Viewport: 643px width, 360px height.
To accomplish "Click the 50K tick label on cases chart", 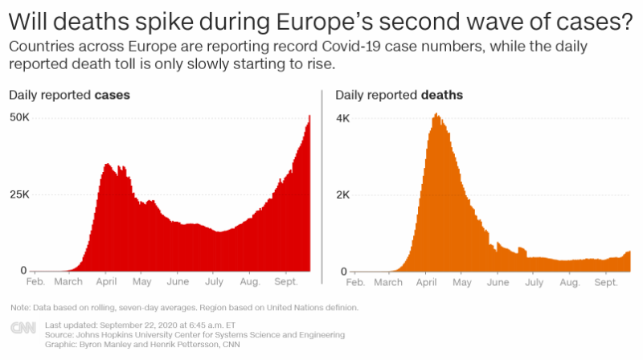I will click(x=18, y=117).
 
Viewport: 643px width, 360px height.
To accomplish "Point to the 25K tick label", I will click(x=18, y=194).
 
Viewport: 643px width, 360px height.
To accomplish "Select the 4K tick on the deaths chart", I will click(x=342, y=117).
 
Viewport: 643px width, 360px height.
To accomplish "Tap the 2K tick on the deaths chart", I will click(x=342, y=194).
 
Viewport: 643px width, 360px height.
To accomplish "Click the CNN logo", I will click(x=22, y=329).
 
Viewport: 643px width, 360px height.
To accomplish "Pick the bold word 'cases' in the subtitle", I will click(x=113, y=95).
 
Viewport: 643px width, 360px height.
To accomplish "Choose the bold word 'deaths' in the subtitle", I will click(x=441, y=95).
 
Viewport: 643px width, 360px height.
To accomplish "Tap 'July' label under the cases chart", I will click(x=214, y=283).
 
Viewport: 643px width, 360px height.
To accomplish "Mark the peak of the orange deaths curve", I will click(x=436, y=115).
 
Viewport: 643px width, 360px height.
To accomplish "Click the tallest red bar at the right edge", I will click(x=309, y=117).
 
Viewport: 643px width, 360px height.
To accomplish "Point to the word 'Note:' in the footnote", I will click(x=18, y=308).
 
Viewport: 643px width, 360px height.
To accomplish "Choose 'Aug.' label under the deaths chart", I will click(x=569, y=283).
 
